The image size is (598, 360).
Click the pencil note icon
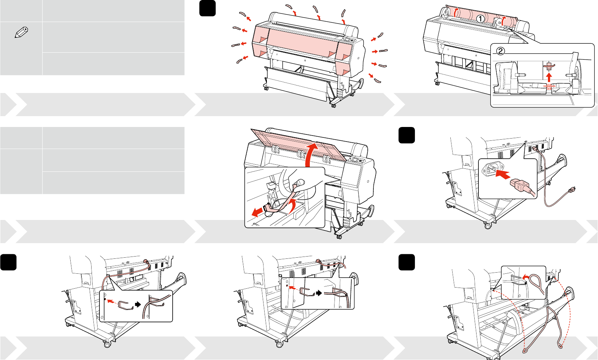[x=21, y=32]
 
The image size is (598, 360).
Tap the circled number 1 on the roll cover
[x=481, y=18]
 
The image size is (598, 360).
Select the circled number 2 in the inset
[x=500, y=51]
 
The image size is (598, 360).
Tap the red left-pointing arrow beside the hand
[x=257, y=212]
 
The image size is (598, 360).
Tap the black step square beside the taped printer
[x=207, y=8]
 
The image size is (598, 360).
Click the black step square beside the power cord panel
[x=407, y=135]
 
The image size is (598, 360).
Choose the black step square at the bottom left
[x=8, y=262]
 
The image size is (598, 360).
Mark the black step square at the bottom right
[x=407, y=262]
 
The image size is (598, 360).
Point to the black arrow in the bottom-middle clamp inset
[x=319, y=293]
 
